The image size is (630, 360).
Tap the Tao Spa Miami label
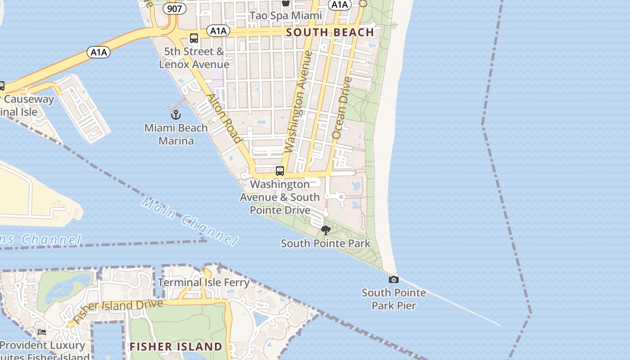click(x=286, y=16)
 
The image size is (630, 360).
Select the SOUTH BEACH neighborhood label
click(x=330, y=32)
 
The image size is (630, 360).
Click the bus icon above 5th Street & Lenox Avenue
click(x=194, y=38)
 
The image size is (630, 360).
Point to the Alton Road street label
click(x=224, y=118)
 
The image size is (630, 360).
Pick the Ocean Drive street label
click(x=341, y=108)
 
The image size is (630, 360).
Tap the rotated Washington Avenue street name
click(x=298, y=102)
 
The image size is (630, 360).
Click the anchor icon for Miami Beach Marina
click(x=176, y=114)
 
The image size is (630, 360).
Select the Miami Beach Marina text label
click(x=176, y=134)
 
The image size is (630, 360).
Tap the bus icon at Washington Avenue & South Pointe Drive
click(x=280, y=171)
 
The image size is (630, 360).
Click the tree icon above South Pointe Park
click(x=326, y=231)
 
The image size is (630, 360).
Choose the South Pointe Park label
click(x=326, y=244)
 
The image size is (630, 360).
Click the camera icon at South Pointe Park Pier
click(x=394, y=280)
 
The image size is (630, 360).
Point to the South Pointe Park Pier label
click(x=394, y=299)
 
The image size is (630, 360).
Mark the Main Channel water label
click(x=189, y=220)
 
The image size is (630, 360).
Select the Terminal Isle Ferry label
click(x=203, y=283)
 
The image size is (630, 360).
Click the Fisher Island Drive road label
click(x=118, y=310)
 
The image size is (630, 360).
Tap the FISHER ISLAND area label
click(x=176, y=346)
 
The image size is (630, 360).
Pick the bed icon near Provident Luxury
click(x=42, y=332)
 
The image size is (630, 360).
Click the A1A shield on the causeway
click(x=99, y=53)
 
